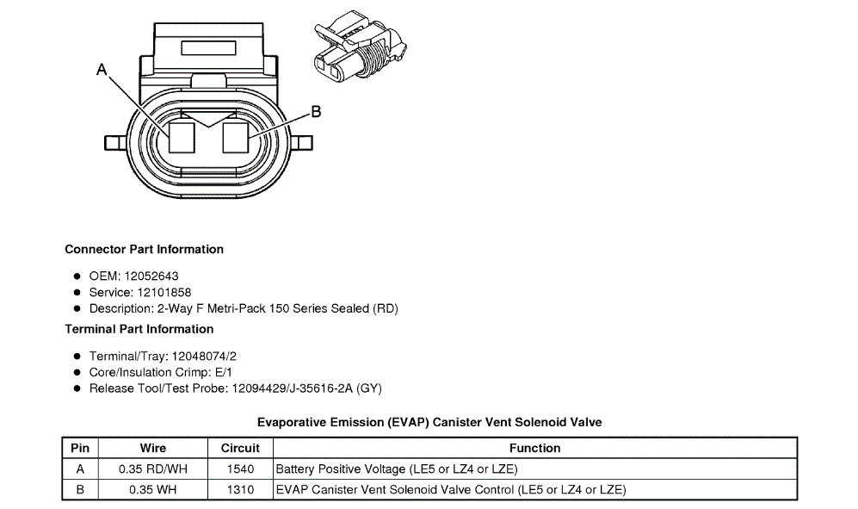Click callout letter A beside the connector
coord(102,71)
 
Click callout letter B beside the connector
coord(316,111)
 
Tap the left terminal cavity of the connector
coord(182,138)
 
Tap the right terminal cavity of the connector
coord(237,138)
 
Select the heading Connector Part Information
coord(144,249)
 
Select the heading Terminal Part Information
coord(139,329)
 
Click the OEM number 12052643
coord(151,276)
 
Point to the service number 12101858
coord(164,292)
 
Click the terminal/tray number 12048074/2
coord(204,356)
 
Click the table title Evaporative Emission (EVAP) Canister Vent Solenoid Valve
coord(429,422)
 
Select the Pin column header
coord(80,448)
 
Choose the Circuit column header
coord(240,448)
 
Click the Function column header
coord(534,448)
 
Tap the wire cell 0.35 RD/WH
coord(153,469)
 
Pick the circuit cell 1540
coord(240,469)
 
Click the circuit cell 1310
coord(240,490)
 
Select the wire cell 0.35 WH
coord(153,490)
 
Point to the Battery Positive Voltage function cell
coord(397,469)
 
